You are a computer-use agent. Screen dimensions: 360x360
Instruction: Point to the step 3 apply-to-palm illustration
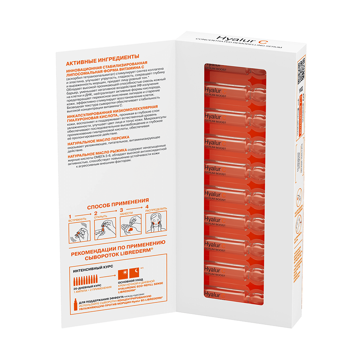pyautogui.click(x=130, y=228)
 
